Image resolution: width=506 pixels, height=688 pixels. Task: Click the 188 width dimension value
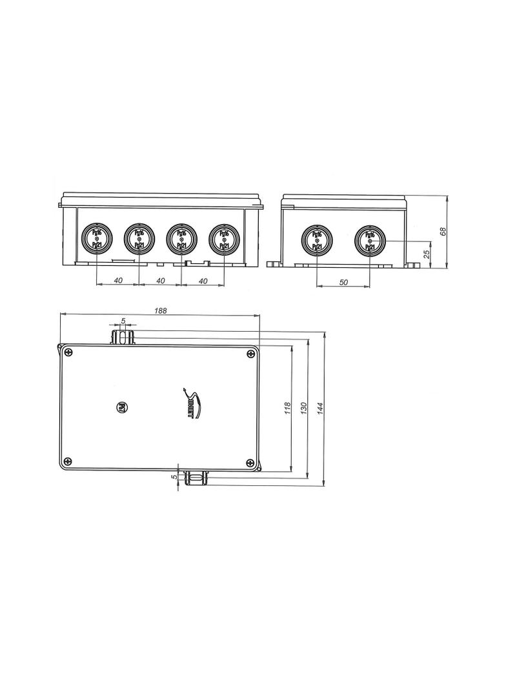click(x=161, y=310)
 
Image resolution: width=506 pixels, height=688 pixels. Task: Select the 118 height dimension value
click(x=288, y=408)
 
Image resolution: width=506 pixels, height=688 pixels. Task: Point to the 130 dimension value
click(x=303, y=408)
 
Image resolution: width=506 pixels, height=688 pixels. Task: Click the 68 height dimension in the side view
click(x=443, y=231)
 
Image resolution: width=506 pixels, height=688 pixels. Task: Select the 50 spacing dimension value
click(x=343, y=282)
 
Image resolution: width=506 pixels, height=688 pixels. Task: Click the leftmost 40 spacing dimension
click(x=117, y=280)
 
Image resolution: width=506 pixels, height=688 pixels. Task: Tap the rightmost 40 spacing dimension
click(x=203, y=280)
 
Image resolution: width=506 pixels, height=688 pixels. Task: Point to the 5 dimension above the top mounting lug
click(x=123, y=321)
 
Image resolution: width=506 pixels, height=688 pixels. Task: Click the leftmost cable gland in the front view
click(x=96, y=238)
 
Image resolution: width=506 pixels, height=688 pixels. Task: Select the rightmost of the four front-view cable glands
click(x=223, y=238)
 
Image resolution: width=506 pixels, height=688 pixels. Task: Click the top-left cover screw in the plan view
click(x=68, y=352)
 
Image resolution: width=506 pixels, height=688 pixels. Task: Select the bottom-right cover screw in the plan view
click(x=250, y=461)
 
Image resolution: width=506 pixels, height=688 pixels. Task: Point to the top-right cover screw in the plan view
click(x=250, y=354)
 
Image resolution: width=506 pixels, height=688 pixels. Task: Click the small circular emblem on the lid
click(x=120, y=407)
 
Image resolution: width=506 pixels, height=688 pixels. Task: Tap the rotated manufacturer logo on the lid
click(x=193, y=403)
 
